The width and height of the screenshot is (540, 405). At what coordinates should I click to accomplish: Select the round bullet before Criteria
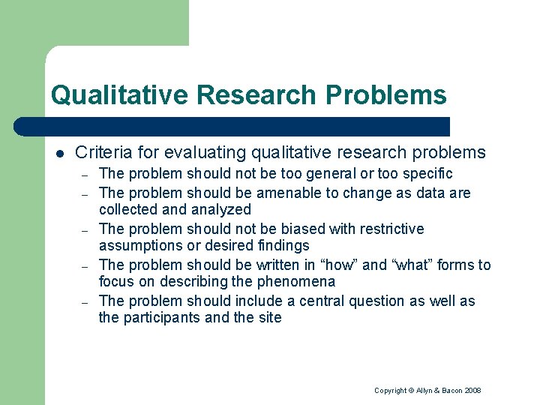point(59,154)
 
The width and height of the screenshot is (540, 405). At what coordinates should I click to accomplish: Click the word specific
point(427,174)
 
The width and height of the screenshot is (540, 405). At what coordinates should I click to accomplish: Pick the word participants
point(163,318)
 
